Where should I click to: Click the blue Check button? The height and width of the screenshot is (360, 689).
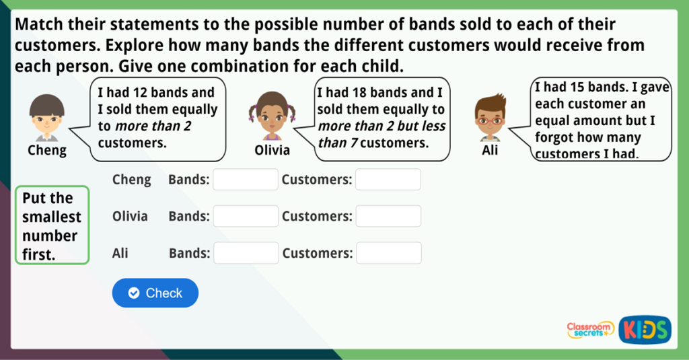[x=155, y=293]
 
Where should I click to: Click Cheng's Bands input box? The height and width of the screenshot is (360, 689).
[x=246, y=180]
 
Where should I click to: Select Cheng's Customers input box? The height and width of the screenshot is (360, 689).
[x=388, y=180]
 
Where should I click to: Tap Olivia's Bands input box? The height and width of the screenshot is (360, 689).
[x=246, y=216]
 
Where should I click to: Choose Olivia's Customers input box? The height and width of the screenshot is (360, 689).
[x=388, y=216]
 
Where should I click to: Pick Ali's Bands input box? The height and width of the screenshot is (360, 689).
[x=246, y=253]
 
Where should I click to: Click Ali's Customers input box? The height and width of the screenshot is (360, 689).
[x=389, y=253]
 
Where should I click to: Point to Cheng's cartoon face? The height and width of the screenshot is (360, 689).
[x=47, y=117]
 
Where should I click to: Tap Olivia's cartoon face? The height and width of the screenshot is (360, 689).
[x=272, y=116]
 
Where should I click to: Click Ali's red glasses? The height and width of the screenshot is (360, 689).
[x=490, y=120]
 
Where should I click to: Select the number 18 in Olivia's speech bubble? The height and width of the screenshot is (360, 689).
[x=359, y=92]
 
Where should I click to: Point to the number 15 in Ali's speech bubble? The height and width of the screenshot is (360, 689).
[x=577, y=87]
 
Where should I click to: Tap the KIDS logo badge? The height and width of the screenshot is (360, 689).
[x=645, y=330]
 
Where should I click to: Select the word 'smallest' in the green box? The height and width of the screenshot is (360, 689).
[x=52, y=217]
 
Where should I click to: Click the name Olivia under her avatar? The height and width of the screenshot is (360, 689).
[x=272, y=150]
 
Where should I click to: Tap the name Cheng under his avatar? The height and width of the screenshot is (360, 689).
[x=47, y=151]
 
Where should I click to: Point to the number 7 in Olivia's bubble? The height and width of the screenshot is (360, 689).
[x=354, y=143]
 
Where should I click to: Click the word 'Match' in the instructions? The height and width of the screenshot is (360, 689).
[x=38, y=24]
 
